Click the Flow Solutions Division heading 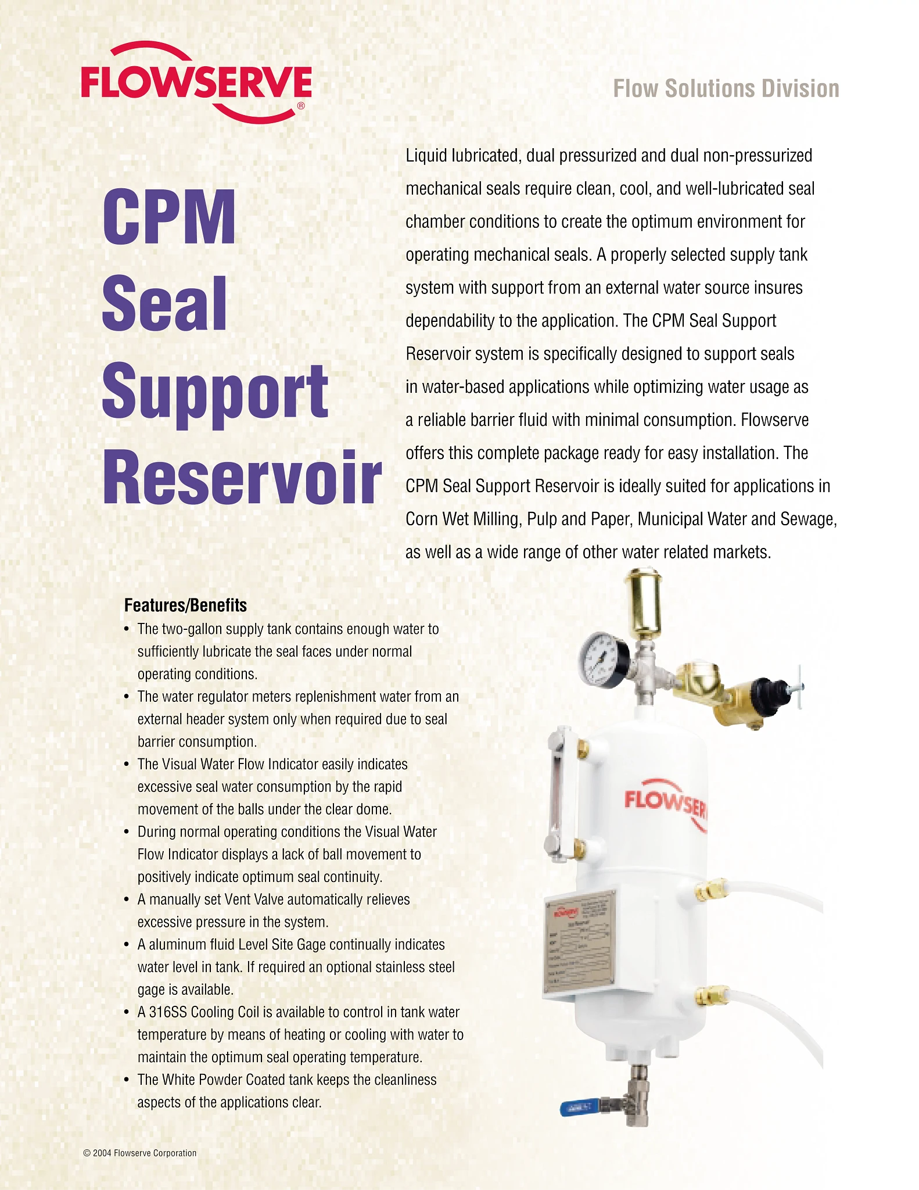tap(726, 89)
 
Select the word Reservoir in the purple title tap(242, 477)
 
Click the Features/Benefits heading tap(185, 605)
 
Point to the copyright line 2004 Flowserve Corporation tap(140, 1153)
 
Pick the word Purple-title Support tap(215, 393)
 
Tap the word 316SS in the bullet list tap(168, 1012)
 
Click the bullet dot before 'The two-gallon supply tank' tap(127, 629)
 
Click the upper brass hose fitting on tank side tap(712, 888)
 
